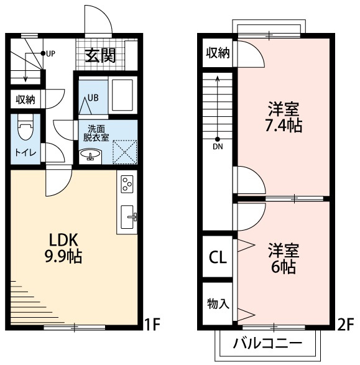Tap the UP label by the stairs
coord(50,53)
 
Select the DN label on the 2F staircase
coord(218,147)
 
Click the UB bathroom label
coord(93,97)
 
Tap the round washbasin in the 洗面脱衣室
coord(91,155)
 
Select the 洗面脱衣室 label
coord(98,133)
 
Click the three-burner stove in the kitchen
coord(127,184)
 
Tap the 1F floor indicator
coord(152,324)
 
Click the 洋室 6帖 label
coord(284,259)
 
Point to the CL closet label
coord(217,257)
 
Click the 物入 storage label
coord(218,303)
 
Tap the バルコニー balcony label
coord(268,343)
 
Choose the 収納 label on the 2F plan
coord(218,53)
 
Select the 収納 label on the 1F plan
coord(25,99)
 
